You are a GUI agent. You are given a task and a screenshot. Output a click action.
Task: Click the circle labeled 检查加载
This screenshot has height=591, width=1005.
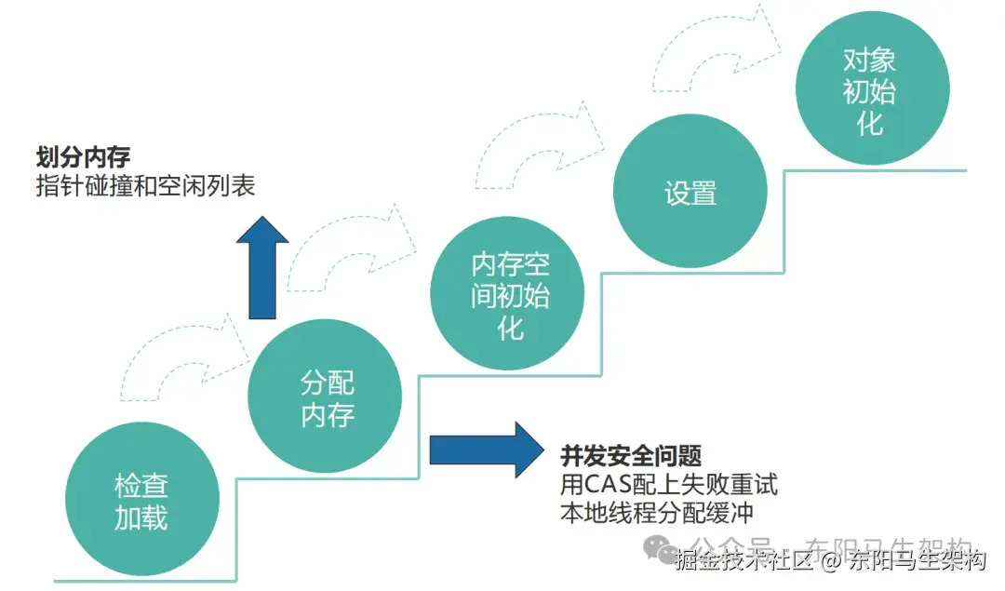click(142, 504)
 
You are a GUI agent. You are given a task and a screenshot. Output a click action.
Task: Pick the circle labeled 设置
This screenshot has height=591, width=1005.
click(690, 193)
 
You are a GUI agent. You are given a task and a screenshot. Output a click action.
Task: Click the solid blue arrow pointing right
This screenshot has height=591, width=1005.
click(485, 450)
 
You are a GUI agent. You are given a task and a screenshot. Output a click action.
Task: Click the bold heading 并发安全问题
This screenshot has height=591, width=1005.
click(630, 456)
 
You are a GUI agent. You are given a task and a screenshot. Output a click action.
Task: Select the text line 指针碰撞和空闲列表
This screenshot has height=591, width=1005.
click(145, 185)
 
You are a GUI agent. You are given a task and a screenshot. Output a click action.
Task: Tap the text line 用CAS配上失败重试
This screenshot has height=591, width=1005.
click(669, 485)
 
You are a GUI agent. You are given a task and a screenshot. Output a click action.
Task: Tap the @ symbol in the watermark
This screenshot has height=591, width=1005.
click(832, 561)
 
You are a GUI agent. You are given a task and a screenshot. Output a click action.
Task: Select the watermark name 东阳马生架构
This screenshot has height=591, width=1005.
click(917, 561)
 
